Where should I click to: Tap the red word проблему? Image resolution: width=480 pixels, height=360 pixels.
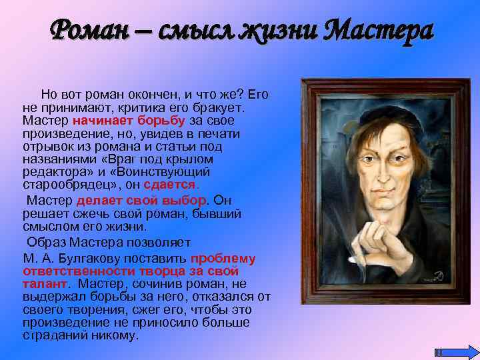click(x=223, y=259)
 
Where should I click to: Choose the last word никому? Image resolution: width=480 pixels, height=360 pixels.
click(x=116, y=335)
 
